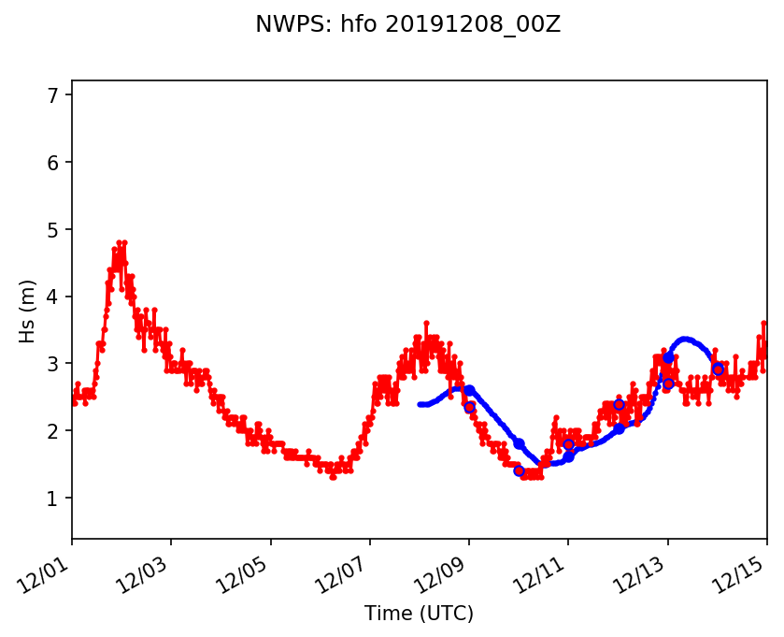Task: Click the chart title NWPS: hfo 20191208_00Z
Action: point(407,25)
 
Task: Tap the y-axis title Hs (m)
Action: point(28,311)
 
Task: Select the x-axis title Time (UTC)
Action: point(419,614)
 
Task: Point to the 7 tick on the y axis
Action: point(53,95)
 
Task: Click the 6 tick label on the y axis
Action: point(53,163)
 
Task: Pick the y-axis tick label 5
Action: point(53,230)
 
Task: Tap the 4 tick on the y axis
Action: point(53,297)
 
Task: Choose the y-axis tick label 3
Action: point(53,364)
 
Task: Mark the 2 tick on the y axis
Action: point(53,431)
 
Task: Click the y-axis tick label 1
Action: point(53,499)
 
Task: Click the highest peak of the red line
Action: point(120,242)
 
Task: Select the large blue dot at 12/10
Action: point(519,443)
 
